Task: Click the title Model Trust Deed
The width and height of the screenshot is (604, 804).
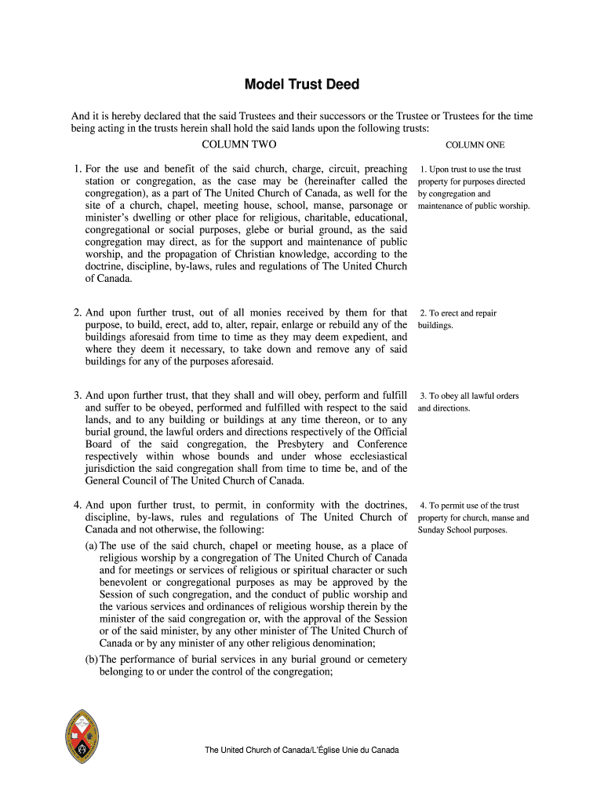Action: click(302, 85)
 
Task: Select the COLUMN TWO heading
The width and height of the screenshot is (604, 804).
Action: click(239, 144)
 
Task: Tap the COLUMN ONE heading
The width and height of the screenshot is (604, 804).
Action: click(475, 145)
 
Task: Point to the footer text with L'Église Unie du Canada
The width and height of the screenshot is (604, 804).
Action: click(302, 751)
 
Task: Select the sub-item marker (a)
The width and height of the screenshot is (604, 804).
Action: click(91, 546)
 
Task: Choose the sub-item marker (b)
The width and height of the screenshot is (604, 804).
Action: click(91, 659)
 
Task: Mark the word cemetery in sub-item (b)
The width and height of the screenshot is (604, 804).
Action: click(384, 659)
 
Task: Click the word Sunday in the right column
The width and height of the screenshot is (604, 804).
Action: click(434, 530)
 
